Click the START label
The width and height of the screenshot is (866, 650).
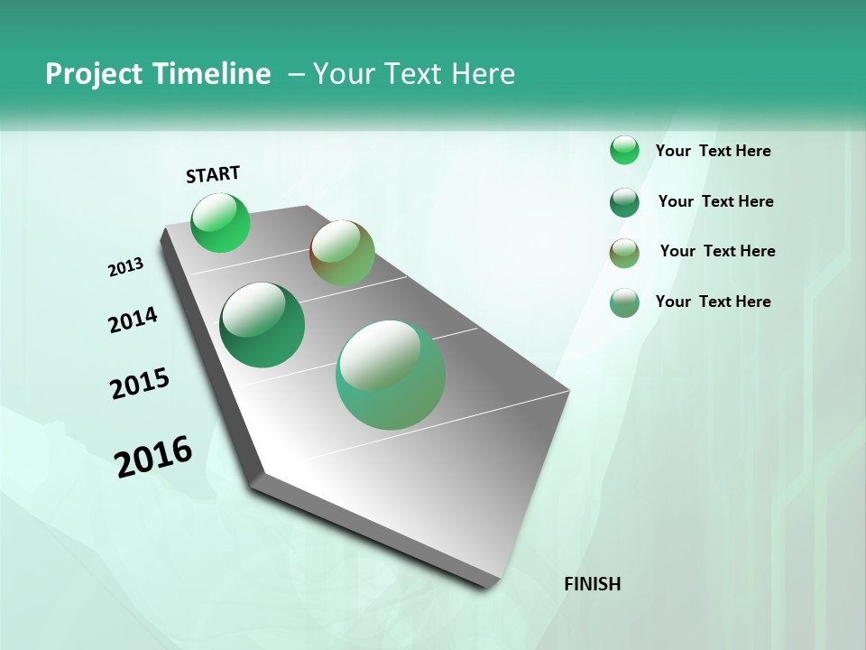[213, 174]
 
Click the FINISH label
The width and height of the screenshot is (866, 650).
[593, 584]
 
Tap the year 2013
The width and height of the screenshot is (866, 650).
[125, 267]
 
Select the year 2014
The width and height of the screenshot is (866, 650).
[133, 320]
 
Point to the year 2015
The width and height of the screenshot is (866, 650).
[140, 384]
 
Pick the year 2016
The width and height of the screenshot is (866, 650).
[153, 457]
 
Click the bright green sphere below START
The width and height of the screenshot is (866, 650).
[220, 223]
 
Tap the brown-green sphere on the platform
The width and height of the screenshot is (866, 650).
[342, 253]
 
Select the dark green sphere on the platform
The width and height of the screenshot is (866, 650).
[263, 325]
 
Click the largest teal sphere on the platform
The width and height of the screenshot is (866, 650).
[391, 375]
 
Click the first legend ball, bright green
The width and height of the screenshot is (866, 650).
[624, 150]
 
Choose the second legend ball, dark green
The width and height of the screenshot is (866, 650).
[624, 202]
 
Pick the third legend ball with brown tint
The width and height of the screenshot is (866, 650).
[624, 253]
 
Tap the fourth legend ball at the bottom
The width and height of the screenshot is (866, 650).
[624, 302]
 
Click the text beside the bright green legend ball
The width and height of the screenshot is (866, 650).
[713, 151]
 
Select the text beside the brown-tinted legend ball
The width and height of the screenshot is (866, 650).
[717, 251]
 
